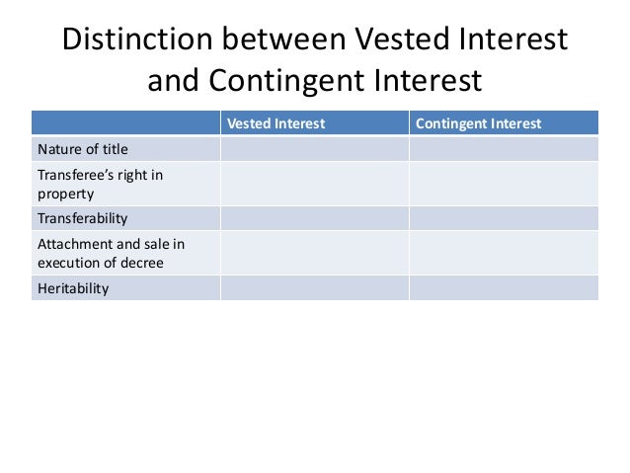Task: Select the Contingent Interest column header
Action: (479, 124)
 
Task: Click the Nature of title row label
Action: (83, 149)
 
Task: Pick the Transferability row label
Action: (83, 217)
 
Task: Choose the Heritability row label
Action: (73, 287)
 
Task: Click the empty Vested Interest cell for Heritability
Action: (313, 287)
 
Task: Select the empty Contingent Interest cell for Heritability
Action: (503, 287)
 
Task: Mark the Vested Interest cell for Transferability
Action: (313, 217)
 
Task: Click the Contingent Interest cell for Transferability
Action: (503, 217)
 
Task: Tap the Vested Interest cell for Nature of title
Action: (313, 149)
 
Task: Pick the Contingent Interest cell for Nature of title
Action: (503, 149)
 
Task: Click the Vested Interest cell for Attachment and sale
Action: (313, 253)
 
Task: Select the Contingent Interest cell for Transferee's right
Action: (503, 183)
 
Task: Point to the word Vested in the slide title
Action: (389, 40)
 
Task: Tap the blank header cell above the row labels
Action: (125, 124)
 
